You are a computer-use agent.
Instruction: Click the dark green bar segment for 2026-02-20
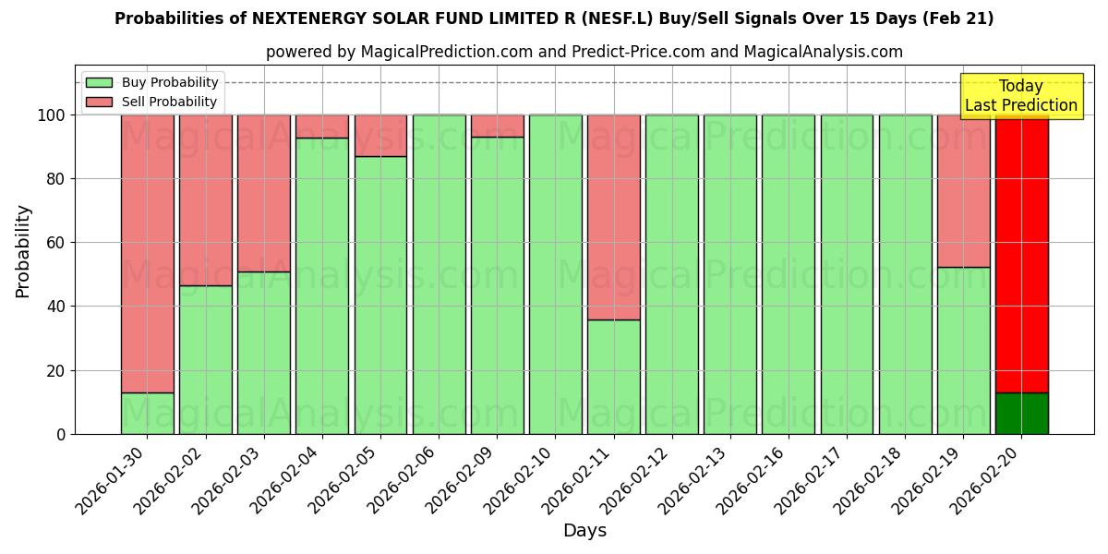coord(1021,413)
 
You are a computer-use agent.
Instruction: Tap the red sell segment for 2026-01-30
coord(147,254)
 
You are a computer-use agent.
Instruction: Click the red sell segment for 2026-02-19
coord(963,191)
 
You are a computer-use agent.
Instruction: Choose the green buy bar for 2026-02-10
coord(556,274)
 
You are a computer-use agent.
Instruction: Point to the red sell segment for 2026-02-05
coord(380,136)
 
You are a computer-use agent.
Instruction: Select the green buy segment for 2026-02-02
coord(206,360)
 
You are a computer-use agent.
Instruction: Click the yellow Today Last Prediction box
coord(1020,96)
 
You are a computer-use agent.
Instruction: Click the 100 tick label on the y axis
coord(51,115)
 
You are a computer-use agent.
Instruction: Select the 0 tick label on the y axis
coord(61,434)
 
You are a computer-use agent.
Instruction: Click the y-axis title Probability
coord(23,251)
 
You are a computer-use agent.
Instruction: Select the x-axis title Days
coord(584,531)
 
